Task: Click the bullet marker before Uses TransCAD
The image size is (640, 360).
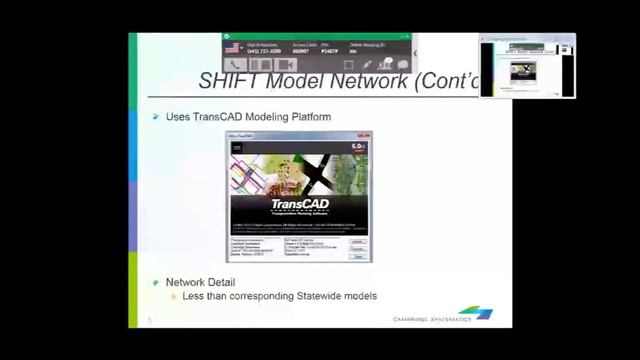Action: point(156,117)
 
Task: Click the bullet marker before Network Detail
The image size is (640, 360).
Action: point(156,283)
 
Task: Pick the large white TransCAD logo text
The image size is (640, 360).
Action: point(299,205)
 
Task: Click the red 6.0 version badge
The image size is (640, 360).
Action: point(358,147)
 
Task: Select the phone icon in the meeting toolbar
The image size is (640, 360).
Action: point(236,65)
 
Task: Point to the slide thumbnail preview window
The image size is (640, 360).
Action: point(526,66)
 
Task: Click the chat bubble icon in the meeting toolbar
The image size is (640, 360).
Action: point(402,65)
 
